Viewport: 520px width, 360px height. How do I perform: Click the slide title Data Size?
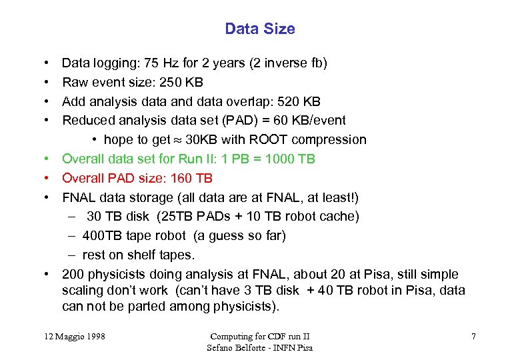[260, 29]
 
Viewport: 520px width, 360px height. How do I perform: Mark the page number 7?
[473, 337]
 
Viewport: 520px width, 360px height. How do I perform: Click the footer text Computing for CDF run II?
[259, 337]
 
